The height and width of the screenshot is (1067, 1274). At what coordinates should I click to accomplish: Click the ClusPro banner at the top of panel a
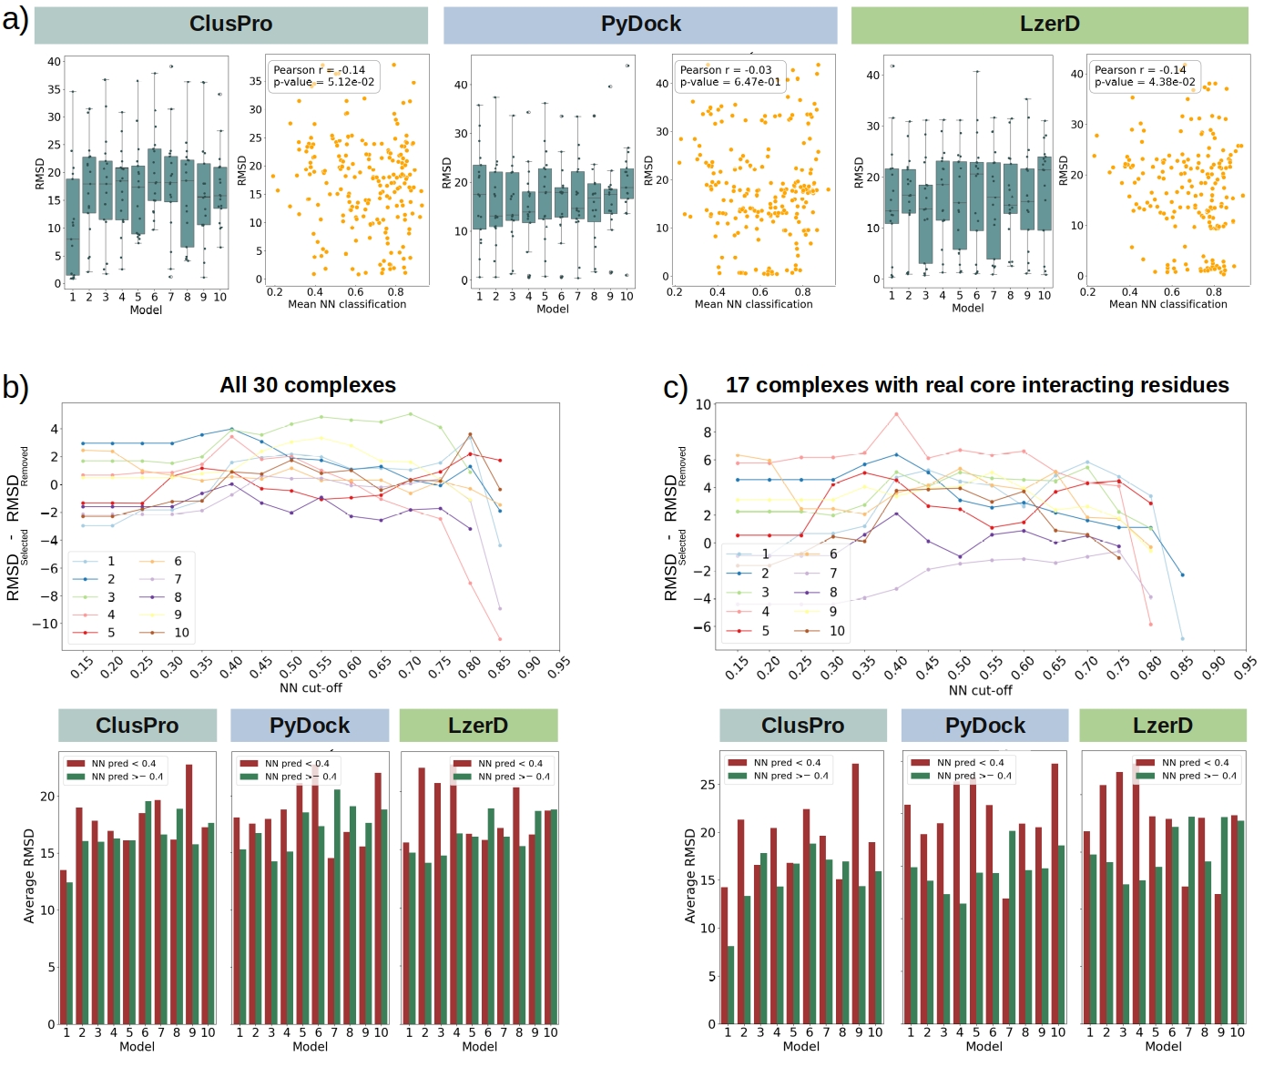tap(230, 25)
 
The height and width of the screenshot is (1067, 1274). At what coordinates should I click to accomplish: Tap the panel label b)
tap(15, 387)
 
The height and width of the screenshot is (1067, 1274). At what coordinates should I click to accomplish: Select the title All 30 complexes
tap(308, 385)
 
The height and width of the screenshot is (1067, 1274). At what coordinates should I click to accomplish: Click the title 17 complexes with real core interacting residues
tap(976, 385)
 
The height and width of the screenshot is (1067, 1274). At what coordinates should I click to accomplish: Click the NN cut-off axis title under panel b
tap(311, 688)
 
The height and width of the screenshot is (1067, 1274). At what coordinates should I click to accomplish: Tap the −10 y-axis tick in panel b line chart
tap(45, 624)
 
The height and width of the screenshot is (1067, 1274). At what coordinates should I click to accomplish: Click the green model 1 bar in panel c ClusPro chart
tap(731, 985)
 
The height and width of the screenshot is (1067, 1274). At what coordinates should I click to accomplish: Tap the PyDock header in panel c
tap(984, 726)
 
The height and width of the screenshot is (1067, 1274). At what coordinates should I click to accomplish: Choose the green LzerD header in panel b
tap(478, 726)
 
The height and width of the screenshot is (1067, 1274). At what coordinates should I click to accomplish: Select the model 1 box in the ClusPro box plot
tap(73, 227)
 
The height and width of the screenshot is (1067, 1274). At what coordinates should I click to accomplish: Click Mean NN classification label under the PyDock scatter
tap(753, 304)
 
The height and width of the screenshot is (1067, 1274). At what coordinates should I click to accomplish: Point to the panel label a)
tap(15, 19)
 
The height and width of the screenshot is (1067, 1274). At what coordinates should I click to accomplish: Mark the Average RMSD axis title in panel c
tap(690, 876)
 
